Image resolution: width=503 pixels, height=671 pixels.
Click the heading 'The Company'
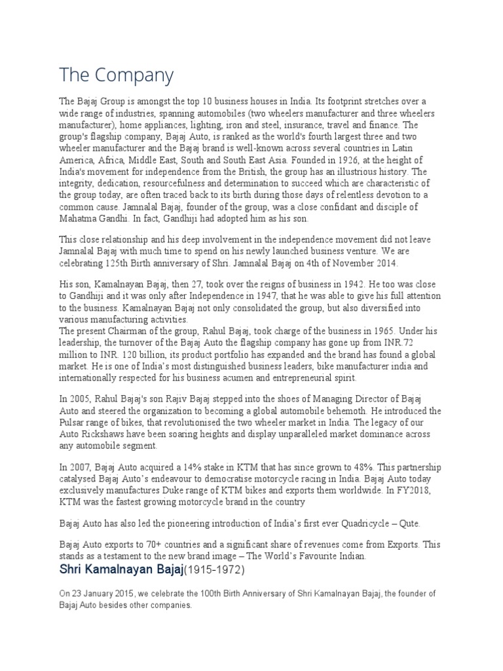(x=117, y=75)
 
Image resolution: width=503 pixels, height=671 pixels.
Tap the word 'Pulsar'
(x=73, y=411)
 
